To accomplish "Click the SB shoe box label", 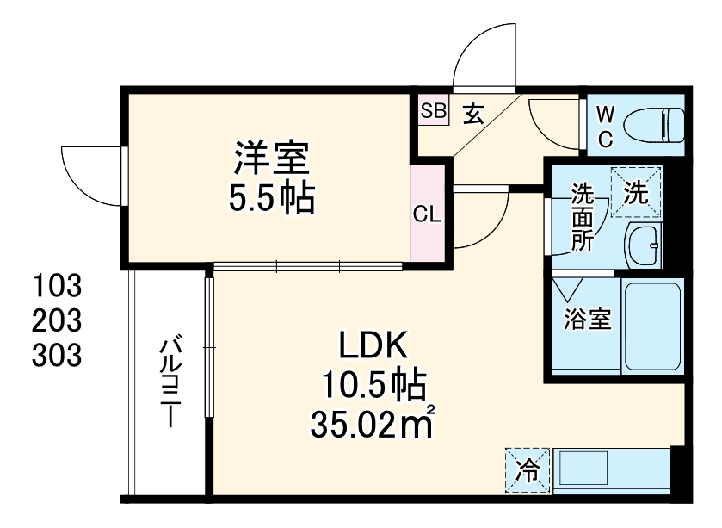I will click(x=434, y=110).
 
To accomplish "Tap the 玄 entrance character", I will click(x=475, y=112).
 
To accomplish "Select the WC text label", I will click(x=606, y=125).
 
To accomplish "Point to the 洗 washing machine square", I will click(x=638, y=193).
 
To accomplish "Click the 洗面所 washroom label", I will click(x=583, y=218).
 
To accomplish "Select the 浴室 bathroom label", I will click(x=588, y=320).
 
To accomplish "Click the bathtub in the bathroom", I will click(x=651, y=327).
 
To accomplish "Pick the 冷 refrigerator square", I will click(x=526, y=470).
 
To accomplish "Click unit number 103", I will click(x=58, y=285).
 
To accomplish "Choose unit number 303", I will click(x=58, y=354).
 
